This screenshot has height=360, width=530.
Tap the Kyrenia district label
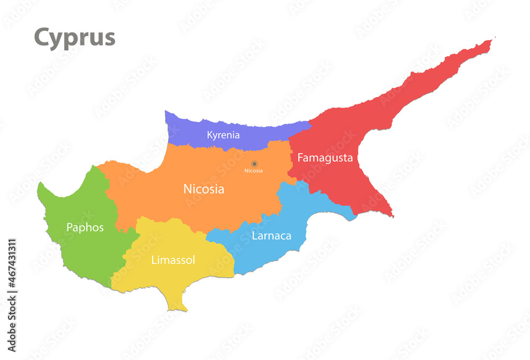[223, 135]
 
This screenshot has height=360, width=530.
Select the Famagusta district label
[325, 158]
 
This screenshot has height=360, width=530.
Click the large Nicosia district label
[204, 189]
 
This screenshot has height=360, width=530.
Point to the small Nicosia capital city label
[253, 171]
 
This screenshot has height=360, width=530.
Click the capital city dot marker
[254, 164]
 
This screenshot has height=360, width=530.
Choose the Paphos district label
[85, 227]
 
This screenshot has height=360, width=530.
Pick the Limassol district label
[173, 260]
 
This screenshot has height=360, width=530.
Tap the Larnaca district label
[271, 236]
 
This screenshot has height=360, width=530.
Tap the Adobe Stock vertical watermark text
[12, 295]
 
